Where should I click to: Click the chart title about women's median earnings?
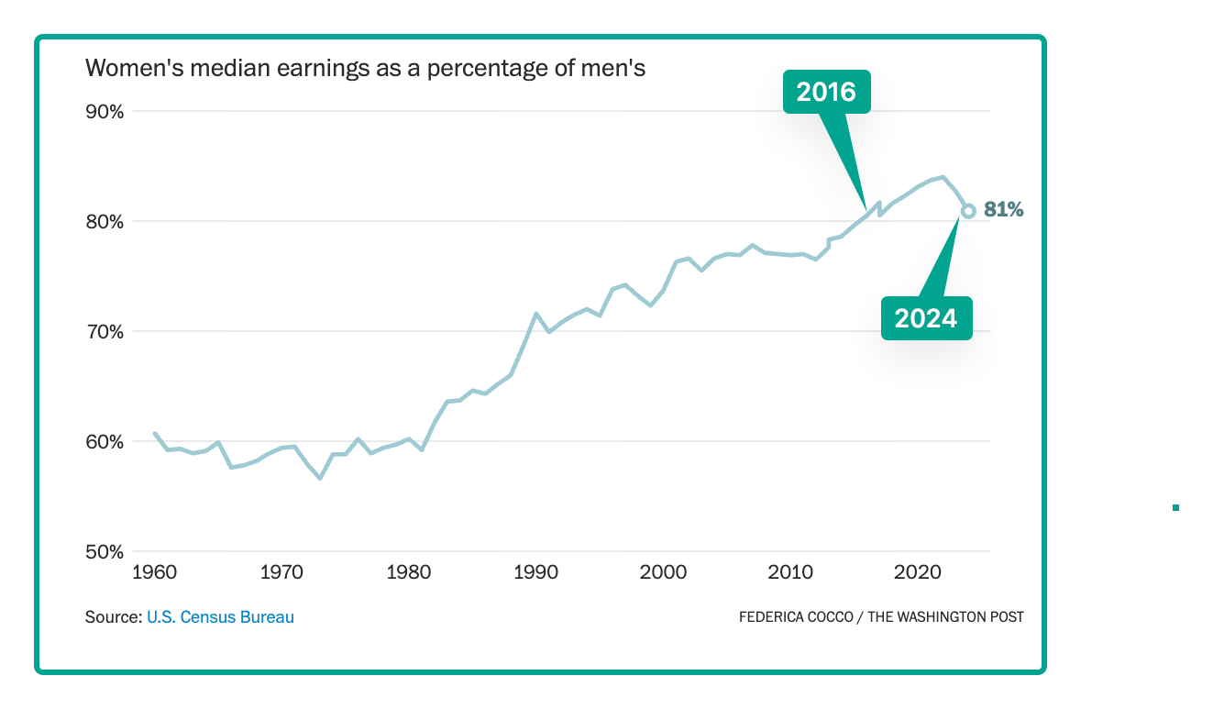(x=365, y=68)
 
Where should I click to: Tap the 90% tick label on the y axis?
(x=104, y=112)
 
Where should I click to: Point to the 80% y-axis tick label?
(x=104, y=222)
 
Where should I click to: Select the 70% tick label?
(x=104, y=332)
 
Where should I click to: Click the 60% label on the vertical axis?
(x=104, y=442)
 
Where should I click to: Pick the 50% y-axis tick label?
(x=104, y=552)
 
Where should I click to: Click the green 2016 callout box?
(x=826, y=92)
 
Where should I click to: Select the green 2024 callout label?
(x=926, y=318)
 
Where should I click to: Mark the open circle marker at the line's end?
(x=968, y=211)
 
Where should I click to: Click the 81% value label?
(x=1003, y=210)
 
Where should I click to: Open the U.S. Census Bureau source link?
(x=220, y=617)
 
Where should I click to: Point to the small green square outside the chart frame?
(x=1175, y=507)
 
